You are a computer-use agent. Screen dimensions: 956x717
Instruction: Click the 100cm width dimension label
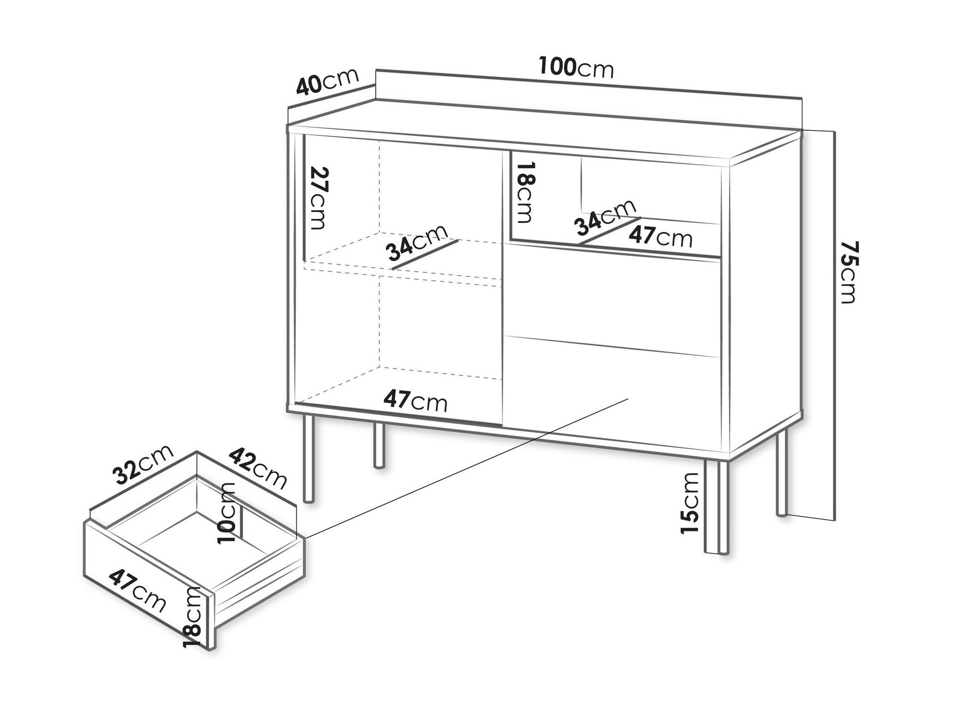pyautogui.click(x=576, y=67)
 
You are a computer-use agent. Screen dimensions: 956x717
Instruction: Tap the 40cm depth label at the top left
pyautogui.click(x=327, y=82)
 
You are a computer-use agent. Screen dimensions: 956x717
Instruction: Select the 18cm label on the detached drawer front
pyautogui.click(x=194, y=618)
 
